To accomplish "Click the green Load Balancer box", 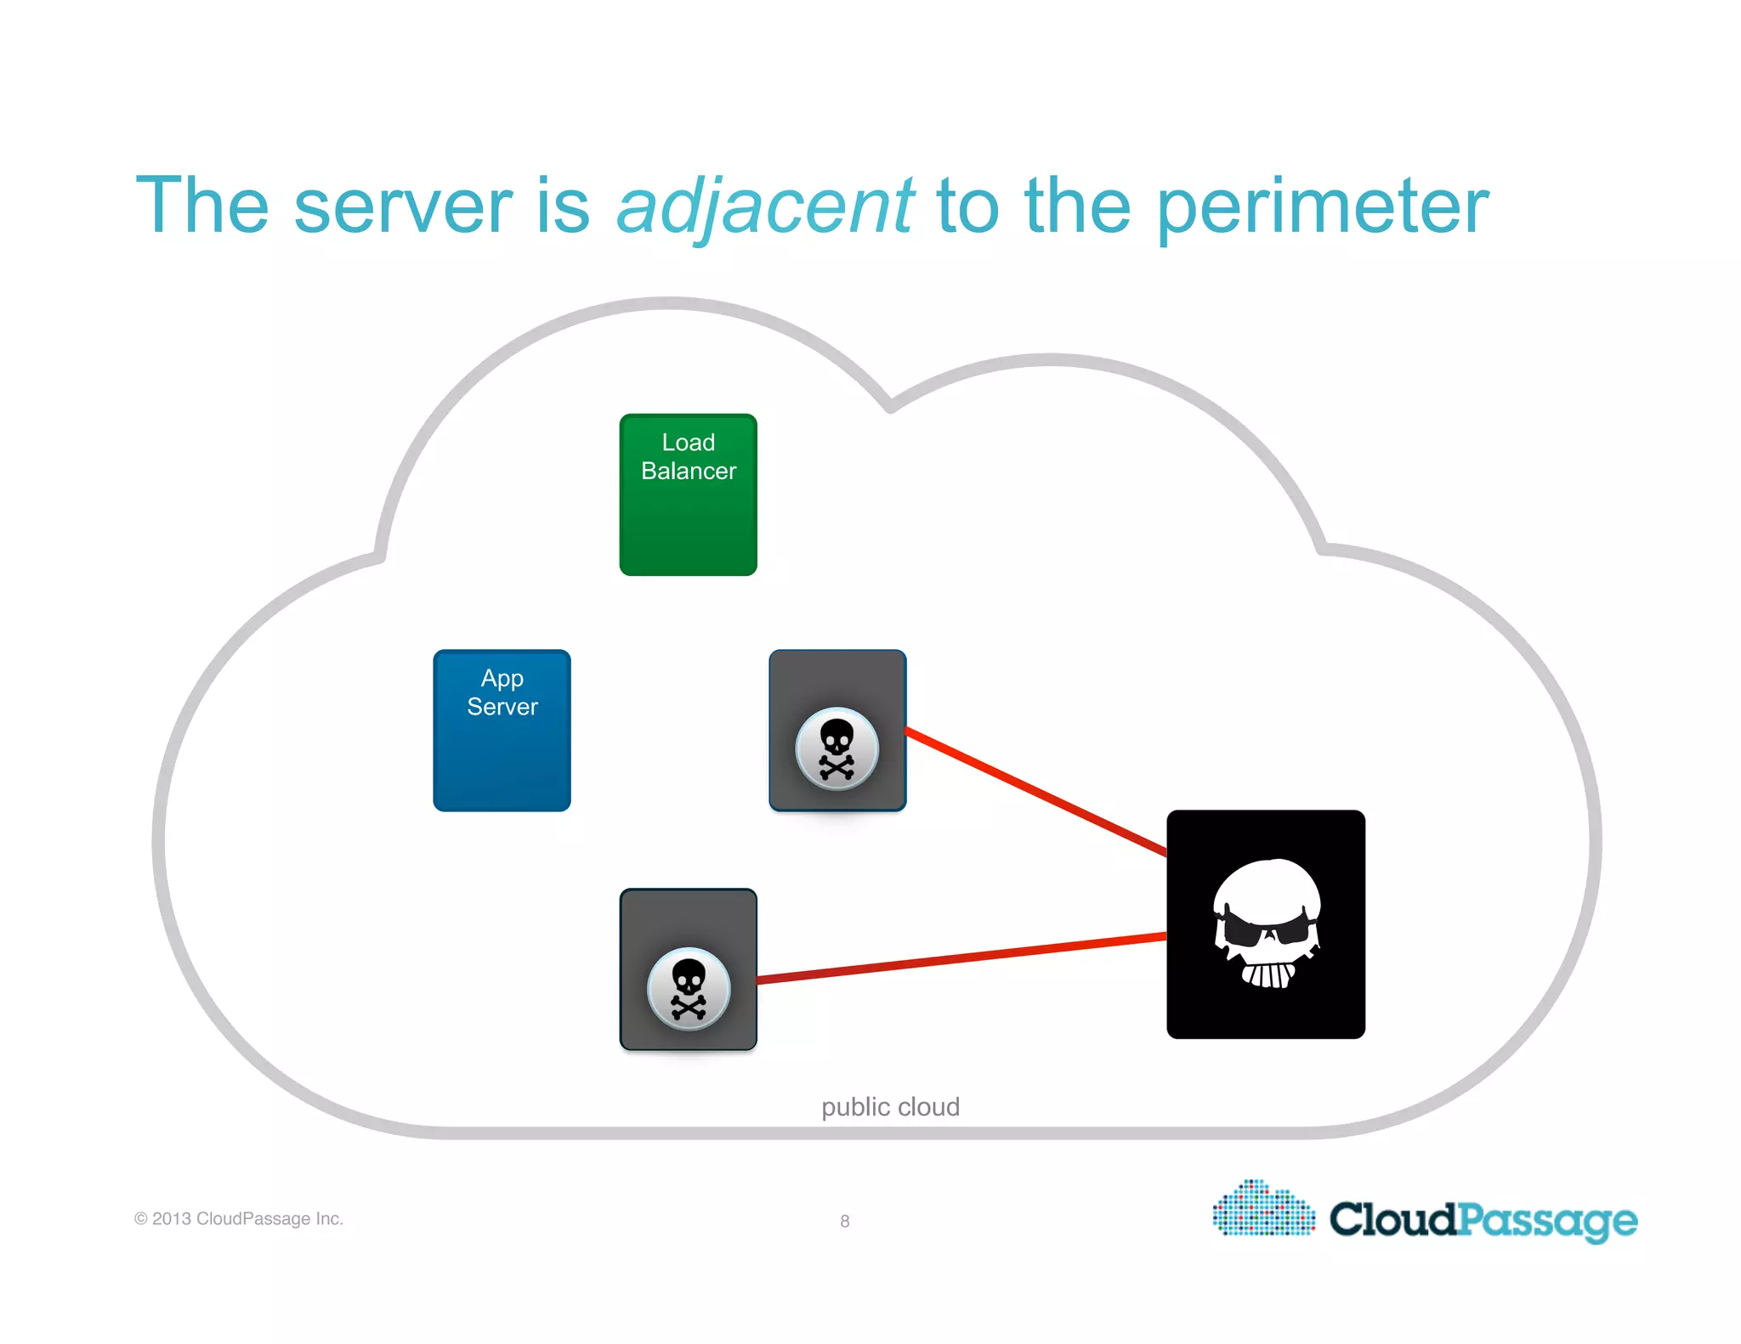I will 688,518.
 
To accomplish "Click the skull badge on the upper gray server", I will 836,748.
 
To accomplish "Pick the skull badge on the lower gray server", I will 688,989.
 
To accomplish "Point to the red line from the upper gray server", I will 1035,791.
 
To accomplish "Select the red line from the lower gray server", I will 961,957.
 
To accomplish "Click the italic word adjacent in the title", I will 764,206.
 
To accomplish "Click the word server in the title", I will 402,206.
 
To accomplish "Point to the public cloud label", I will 890,1106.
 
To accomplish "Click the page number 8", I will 844,1221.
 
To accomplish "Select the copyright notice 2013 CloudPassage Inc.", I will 239,1218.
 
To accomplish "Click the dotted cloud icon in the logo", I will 1263,1208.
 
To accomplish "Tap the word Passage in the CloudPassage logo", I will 1547,1221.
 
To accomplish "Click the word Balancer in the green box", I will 689,471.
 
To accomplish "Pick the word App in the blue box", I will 502,678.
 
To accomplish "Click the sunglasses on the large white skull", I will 1266,929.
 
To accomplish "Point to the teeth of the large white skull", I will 1267,974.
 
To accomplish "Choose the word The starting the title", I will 202,206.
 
